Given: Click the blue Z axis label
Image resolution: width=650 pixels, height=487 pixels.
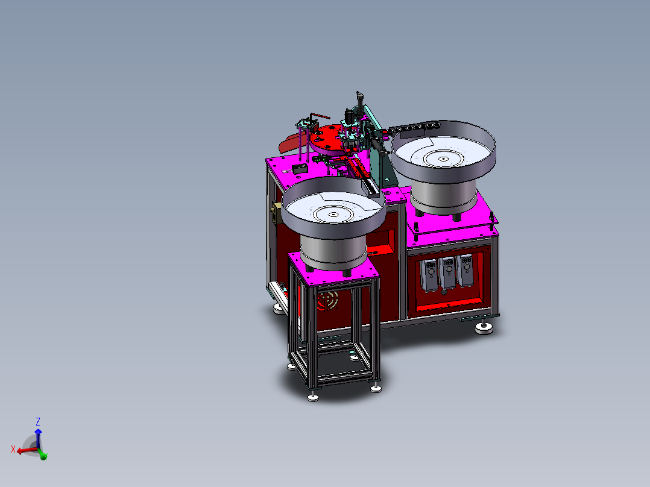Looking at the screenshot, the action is (38, 421).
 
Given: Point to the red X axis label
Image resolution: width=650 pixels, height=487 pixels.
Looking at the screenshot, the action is (13, 449).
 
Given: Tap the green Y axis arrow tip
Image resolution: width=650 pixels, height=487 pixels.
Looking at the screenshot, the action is (44, 457).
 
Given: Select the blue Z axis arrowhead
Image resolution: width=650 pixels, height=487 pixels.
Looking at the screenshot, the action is (38, 432).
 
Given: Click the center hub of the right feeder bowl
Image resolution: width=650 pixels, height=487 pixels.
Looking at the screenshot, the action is (443, 159).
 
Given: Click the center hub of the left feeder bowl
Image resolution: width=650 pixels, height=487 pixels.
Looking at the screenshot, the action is (333, 215).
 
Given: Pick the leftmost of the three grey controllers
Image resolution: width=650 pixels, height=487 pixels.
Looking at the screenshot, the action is (429, 275).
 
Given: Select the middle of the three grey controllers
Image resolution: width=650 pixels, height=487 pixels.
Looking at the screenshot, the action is (447, 273).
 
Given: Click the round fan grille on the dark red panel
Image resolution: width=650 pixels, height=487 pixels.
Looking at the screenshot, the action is (327, 301).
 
